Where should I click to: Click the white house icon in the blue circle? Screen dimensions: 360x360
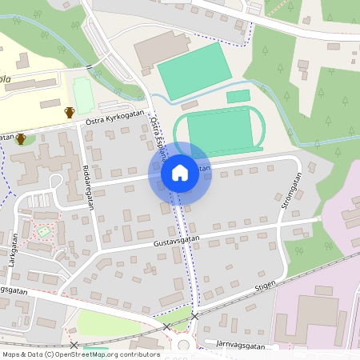pyautogui.click(x=179, y=172)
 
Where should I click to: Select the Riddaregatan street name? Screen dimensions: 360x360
pyautogui.click(x=87, y=179)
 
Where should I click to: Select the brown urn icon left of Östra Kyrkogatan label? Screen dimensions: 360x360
pyautogui.click(x=70, y=112)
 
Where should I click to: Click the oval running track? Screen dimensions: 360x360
pyautogui.click(x=220, y=130)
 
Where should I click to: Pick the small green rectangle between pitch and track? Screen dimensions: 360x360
pyautogui.click(x=238, y=97)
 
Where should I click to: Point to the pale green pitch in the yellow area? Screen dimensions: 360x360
pyautogui.click(x=83, y=94)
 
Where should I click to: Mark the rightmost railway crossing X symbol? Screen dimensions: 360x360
pyautogui.click(x=194, y=317)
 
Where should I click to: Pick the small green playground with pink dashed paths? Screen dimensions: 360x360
pyautogui.click(x=45, y=231)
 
